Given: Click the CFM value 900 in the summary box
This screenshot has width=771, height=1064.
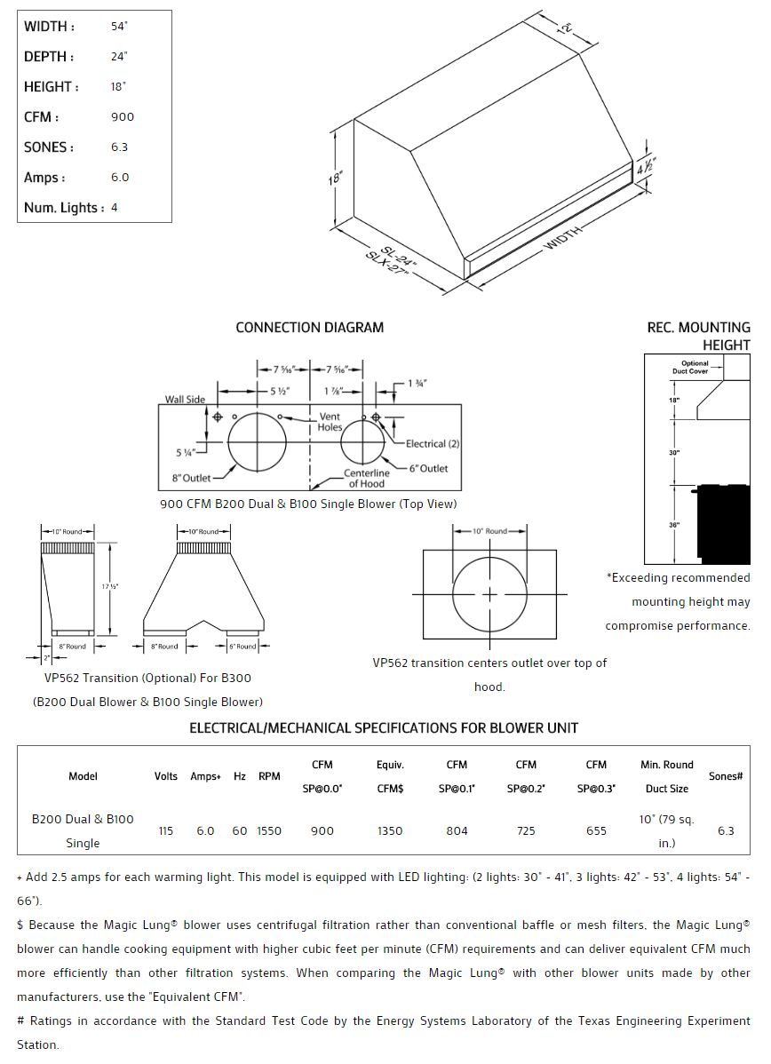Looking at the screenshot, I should click(123, 117).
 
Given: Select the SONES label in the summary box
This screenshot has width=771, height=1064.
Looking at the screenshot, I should click(49, 147).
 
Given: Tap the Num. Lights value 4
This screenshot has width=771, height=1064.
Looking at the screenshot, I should click(115, 208).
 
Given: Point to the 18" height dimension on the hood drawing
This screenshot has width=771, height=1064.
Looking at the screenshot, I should click(334, 179).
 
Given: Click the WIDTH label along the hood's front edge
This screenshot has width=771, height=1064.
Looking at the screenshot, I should click(563, 238).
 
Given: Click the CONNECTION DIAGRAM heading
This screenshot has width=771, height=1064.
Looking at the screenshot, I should click(309, 328).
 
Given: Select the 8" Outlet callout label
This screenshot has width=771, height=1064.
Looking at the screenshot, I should click(191, 479).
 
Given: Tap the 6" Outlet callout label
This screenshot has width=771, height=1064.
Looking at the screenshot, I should click(428, 468).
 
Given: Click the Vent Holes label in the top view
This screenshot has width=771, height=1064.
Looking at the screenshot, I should click(330, 422).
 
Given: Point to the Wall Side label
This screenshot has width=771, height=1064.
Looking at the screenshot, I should click(185, 400).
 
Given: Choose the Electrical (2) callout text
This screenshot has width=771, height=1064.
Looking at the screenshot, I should click(433, 443).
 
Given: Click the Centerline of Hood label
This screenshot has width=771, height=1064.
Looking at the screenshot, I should click(366, 479).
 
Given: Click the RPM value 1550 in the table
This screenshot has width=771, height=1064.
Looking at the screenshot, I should click(269, 831).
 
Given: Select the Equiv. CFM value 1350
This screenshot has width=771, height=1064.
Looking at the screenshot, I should click(390, 831).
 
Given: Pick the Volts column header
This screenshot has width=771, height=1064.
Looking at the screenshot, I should click(166, 776).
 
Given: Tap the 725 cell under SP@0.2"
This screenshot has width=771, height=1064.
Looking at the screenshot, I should click(526, 831).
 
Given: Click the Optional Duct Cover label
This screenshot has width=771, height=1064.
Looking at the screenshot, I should click(695, 367).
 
